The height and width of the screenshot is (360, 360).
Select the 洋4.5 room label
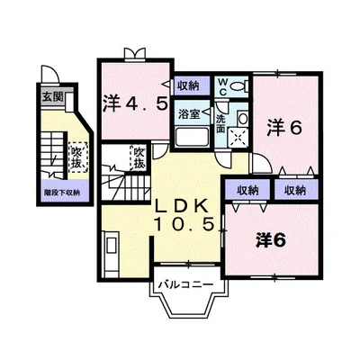coord(134,103)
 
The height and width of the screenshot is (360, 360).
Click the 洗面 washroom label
coord(221,121)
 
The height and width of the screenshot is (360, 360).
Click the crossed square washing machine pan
coord(238,138)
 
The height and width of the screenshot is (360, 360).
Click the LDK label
coord(183,204)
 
